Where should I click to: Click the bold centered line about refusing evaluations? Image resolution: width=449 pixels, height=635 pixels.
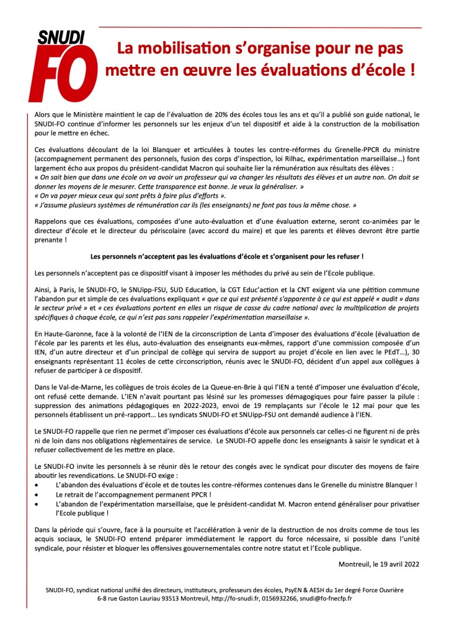pyautogui.click(x=226, y=255)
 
